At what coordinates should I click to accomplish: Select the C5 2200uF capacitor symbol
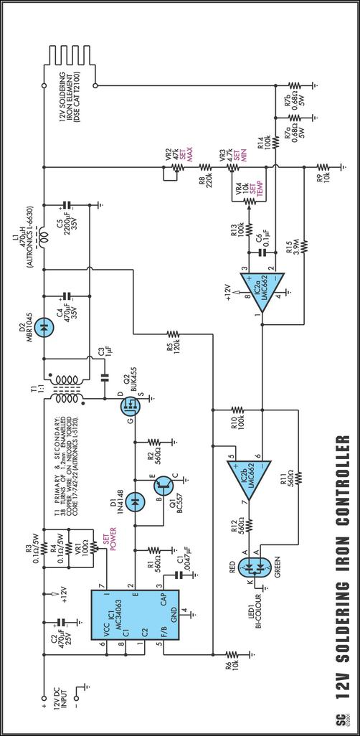[x=67, y=205]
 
